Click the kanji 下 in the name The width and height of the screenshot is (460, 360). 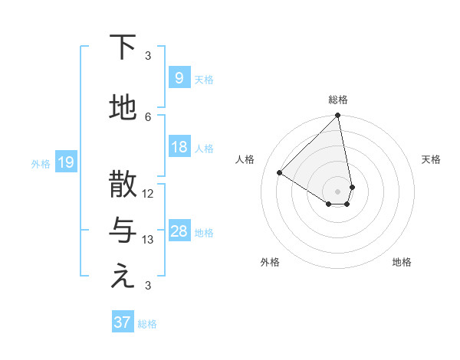pyautogui.click(x=123, y=47)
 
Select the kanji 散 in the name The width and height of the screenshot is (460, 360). pyautogui.click(x=123, y=185)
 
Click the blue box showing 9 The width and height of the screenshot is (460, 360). pyautogui.click(x=179, y=78)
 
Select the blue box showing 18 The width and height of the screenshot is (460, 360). pyautogui.click(x=179, y=147)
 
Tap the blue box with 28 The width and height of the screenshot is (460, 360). pyautogui.click(x=179, y=231)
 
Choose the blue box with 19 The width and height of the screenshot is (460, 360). pyautogui.click(x=65, y=162)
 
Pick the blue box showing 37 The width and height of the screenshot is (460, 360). pyautogui.click(x=123, y=322)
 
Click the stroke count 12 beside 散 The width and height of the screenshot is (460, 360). pyautogui.click(x=148, y=193)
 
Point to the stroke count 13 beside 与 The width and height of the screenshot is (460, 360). pyautogui.click(x=148, y=239)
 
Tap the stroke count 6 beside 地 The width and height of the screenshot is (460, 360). pyautogui.click(x=148, y=116)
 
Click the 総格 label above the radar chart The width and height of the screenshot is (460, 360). pyautogui.click(x=337, y=100)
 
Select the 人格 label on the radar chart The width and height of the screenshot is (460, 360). pyautogui.click(x=245, y=159)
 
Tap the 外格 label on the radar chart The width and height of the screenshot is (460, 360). pyautogui.click(x=270, y=262)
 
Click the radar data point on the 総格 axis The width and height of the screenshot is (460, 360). pyautogui.click(x=337, y=116)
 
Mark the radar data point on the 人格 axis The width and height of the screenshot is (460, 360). pyautogui.click(x=280, y=172)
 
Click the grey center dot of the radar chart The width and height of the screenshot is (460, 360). pyautogui.click(x=337, y=191)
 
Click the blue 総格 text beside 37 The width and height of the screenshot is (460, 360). pyautogui.click(x=147, y=324)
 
